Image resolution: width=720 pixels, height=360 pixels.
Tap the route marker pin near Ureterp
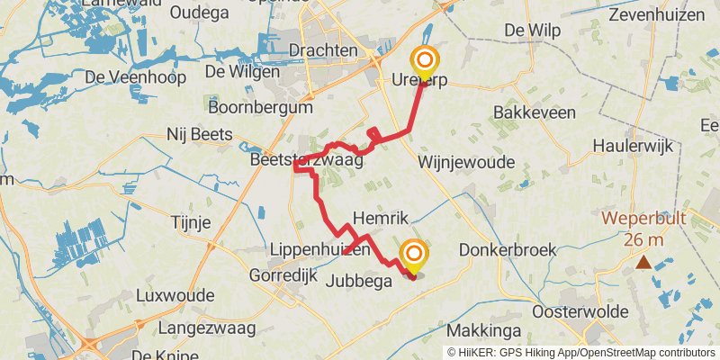click(425, 62)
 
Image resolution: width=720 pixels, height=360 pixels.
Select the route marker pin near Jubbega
click(414, 256)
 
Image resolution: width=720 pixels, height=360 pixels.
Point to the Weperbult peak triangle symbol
click(643, 263)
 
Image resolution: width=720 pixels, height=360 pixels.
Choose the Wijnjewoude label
click(465, 163)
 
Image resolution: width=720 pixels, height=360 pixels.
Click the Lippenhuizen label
click(320, 248)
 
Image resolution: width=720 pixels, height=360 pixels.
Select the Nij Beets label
click(200, 135)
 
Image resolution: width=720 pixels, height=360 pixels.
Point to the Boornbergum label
click(260, 107)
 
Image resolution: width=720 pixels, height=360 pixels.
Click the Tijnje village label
click(190, 222)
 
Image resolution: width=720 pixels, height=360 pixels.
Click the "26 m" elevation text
click(644, 239)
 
